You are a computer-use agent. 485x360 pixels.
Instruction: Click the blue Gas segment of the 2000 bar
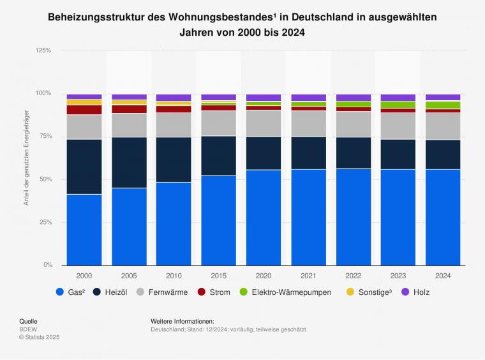[x=84, y=230]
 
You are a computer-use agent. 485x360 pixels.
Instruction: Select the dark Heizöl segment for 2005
[x=129, y=163]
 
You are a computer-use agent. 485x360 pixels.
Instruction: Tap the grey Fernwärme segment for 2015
[x=219, y=123]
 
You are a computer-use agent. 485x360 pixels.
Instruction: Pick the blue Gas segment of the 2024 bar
[x=443, y=217]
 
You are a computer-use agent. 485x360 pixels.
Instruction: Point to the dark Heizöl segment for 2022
[x=354, y=153]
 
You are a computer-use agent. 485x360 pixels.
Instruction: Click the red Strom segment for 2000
[x=84, y=110]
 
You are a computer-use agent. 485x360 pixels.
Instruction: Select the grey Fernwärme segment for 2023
[x=398, y=126]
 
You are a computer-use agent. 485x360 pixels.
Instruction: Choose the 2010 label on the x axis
[x=174, y=275]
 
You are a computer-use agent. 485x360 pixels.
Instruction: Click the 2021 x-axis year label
[x=308, y=275]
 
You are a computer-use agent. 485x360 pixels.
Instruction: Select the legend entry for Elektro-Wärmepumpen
[x=288, y=292]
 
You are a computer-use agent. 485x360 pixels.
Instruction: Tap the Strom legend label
[x=220, y=292]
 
